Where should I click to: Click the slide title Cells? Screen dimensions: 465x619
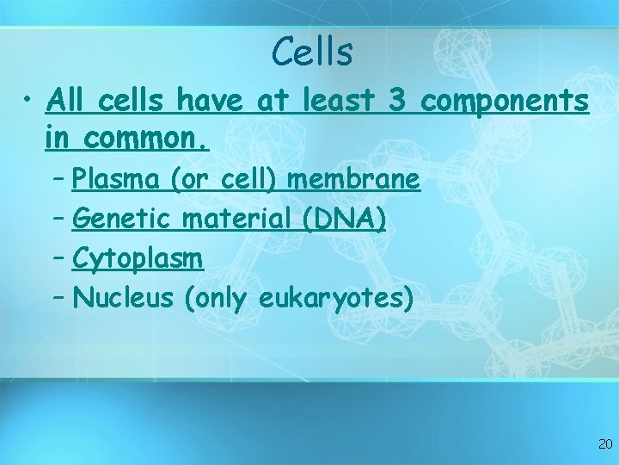click(311, 52)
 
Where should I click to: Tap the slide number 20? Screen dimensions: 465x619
click(604, 444)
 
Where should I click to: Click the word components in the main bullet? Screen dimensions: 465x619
click(506, 102)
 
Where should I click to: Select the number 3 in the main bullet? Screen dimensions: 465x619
click(397, 102)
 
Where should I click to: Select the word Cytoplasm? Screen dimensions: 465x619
click(138, 258)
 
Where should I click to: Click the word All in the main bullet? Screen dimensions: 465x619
click(69, 102)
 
